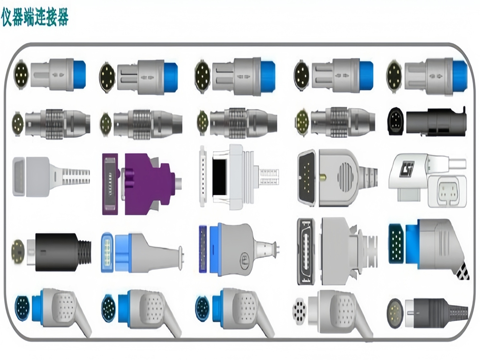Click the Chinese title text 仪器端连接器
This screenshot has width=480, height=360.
coord(35,18)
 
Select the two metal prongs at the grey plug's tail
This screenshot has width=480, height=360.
coord(276,248)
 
